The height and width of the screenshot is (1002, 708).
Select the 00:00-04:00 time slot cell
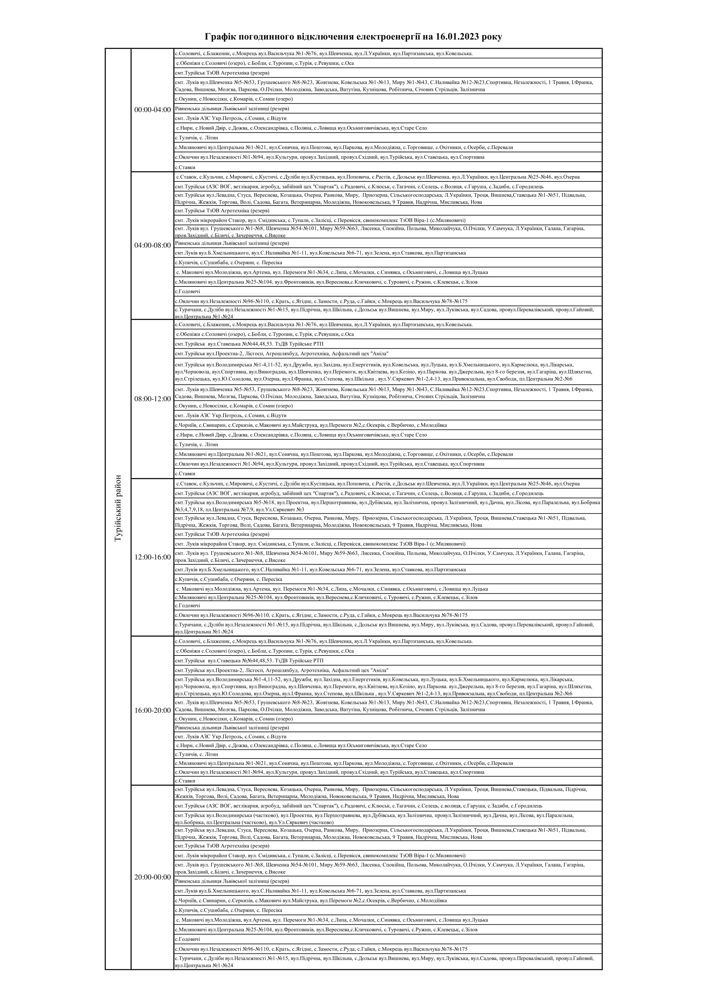tap(152, 110)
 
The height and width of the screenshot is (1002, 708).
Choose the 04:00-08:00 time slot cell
tap(152, 246)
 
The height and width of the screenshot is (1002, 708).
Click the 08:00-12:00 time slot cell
tap(152, 399)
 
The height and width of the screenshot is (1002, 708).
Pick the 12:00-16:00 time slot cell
tap(152, 557)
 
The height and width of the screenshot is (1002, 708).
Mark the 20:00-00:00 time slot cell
tap(152, 877)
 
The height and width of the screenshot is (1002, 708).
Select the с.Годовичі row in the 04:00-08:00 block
tap(188, 291)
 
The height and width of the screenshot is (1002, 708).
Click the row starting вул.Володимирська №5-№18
tap(387, 506)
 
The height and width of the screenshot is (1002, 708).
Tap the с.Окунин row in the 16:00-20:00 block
tap(233, 719)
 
